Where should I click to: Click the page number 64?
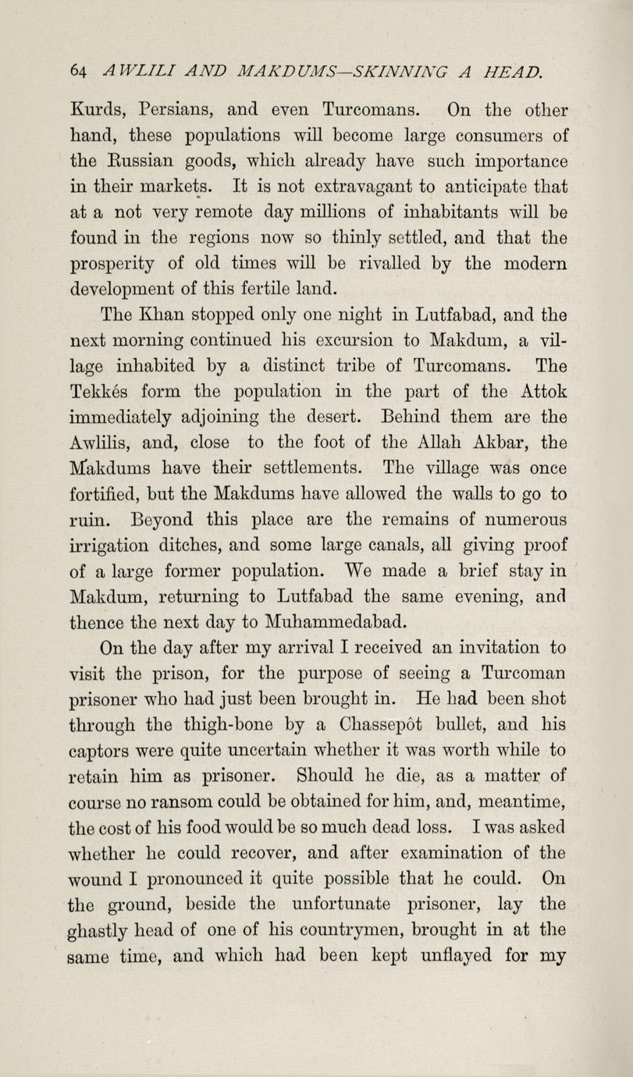[x=76, y=71]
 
